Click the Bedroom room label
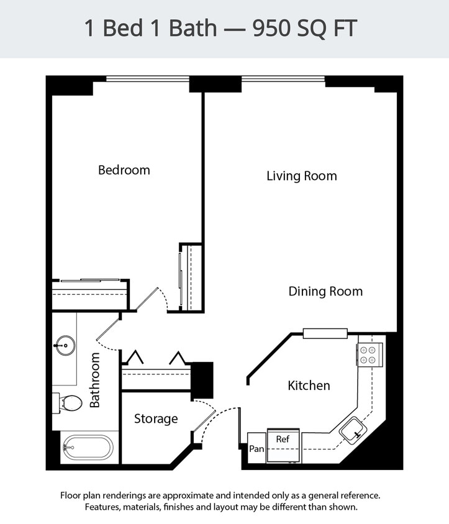coord(124,169)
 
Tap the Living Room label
coord(301,176)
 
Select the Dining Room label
coord(325,291)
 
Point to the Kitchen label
coord(309,386)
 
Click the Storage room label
coord(156,419)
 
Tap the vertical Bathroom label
coord(94,380)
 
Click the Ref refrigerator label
coord(283,439)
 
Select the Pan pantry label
coord(256,449)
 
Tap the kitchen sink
coord(351,430)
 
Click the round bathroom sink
coord(65,346)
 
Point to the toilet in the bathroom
coord(68,403)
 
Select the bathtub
coord(88,447)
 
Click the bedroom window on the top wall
coord(147,79)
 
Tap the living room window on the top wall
coord(283,79)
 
